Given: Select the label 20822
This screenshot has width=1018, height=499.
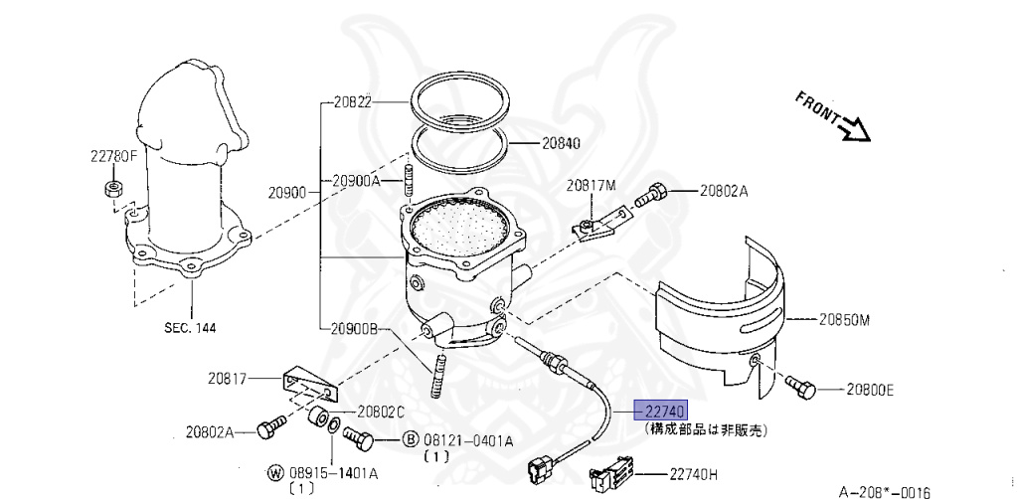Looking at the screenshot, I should coord(352,101).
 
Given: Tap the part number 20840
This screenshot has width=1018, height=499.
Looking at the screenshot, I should coord(561,142).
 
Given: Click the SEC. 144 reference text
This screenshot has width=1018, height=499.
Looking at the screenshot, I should coord(191,327).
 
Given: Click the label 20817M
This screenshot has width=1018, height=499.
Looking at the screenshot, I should coord(593,185).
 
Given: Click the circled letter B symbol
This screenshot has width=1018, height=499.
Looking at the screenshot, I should coord(410,439).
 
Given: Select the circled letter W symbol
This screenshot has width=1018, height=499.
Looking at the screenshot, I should coord(275,472).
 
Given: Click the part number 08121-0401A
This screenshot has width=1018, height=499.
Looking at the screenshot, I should coord(468,440).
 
